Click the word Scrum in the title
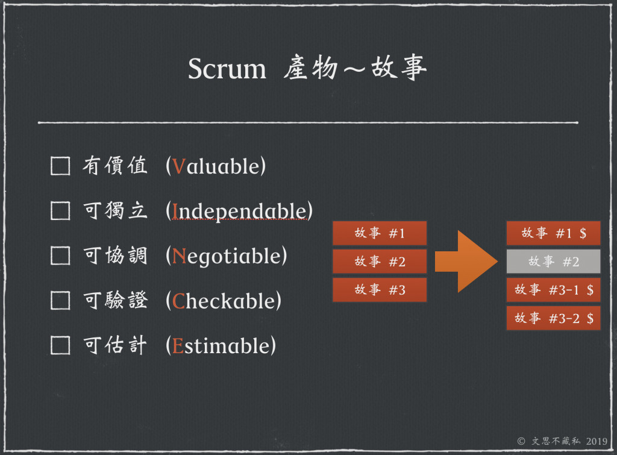[x=227, y=69]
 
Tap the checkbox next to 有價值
[x=60, y=166]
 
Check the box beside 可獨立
[x=60, y=211]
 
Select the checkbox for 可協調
[x=60, y=256]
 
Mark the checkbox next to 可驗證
[x=60, y=301]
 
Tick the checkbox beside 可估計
[x=60, y=345]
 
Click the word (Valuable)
[x=216, y=166]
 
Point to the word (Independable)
[x=239, y=211]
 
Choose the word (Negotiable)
[x=226, y=256]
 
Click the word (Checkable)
[x=224, y=301]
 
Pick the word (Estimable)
[x=221, y=345]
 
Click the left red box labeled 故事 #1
[x=380, y=233]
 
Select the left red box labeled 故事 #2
[x=380, y=262]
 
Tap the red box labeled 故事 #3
[x=380, y=290]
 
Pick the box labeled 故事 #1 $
[x=553, y=233]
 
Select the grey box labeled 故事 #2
[x=553, y=262]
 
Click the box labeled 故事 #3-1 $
[x=553, y=290]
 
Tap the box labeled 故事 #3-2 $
[x=553, y=318]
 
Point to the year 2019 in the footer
[x=595, y=441]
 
